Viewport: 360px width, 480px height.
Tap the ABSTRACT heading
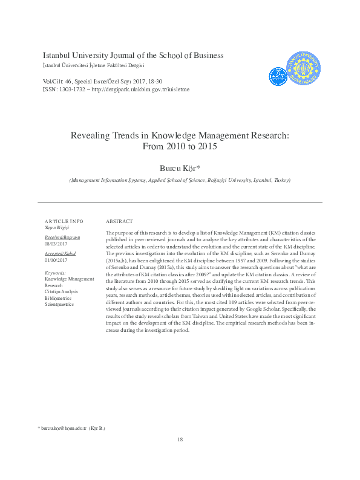[x=119, y=221]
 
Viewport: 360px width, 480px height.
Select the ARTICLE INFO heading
[x=64, y=221]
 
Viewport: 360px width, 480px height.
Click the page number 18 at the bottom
[x=180, y=439]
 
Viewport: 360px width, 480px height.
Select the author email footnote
[x=71, y=427]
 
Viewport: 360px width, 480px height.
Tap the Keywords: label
[x=56, y=273]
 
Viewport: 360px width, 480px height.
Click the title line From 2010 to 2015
[x=180, y=147]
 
